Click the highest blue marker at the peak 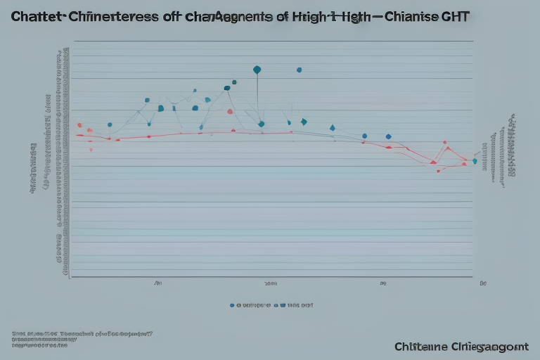[257, 70]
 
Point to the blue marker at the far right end [475, 161]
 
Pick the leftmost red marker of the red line [79, 125]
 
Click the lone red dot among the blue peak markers [230, 111]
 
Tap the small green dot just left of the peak [234, 82]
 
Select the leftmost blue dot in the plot [110, 124]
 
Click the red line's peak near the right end [445, 143]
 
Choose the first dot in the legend [232, 306]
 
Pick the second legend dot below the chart [276, 306]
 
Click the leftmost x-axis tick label [158, 285]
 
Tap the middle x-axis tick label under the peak [271, 285]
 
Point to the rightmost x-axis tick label [482, 285]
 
